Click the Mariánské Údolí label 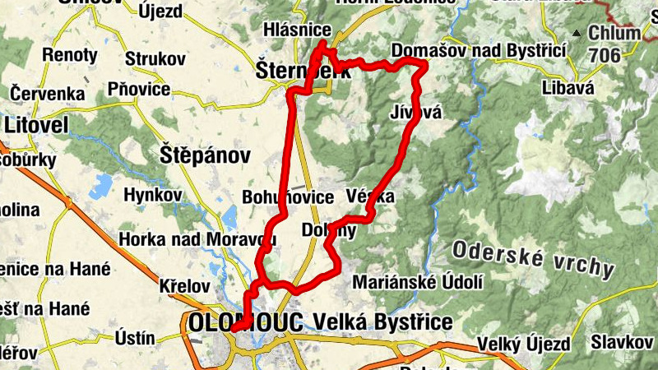[417, 282]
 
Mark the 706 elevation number [605, 54]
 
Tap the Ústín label [135, 337]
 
